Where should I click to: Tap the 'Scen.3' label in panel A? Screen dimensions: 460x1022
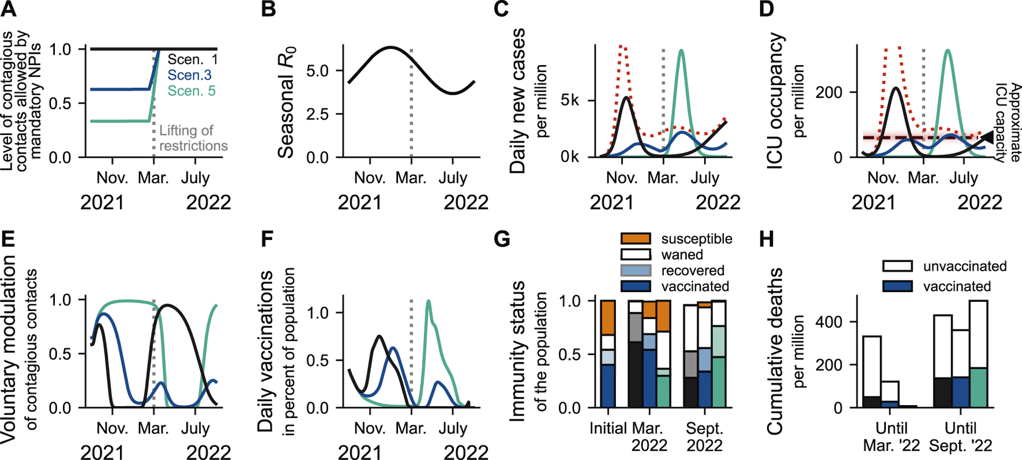(189, 75)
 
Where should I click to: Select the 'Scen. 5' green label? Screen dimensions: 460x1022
(193, 91)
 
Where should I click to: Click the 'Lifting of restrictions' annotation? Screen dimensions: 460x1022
(193, 139)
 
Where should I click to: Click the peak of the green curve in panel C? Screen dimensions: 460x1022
(682, 51)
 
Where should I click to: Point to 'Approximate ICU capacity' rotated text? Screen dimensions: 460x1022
(1005, 122)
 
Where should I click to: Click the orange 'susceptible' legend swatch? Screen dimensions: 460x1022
(636, 238)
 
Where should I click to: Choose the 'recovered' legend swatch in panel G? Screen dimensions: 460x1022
(636, 270)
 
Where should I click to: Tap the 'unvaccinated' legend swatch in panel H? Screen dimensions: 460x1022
(897, 266)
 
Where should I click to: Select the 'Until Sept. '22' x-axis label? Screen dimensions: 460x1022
(960, 437)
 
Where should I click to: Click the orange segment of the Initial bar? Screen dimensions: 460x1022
(608, 317)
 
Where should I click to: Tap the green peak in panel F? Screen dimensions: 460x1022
(429, 301)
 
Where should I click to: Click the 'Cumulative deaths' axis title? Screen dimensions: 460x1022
(775, 351)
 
